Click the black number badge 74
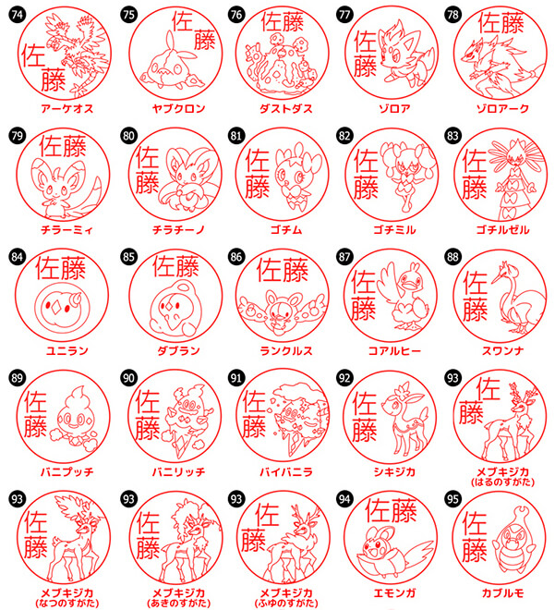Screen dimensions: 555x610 point(18,15)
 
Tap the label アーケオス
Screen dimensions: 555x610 point(67,108)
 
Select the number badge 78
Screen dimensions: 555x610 point(452,15)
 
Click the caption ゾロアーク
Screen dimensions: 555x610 point(503,108)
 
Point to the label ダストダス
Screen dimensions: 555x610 point(286,108)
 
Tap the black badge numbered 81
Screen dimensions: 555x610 point(235,136)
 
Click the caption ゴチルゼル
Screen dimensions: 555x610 point(503,229)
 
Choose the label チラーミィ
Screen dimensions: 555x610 point(67,229)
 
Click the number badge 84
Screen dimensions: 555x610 point(18,257)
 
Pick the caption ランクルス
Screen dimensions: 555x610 point(286,350)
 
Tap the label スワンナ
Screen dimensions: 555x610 point(503,350)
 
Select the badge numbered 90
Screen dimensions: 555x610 point(128,378)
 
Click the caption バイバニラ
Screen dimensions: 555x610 point(286,472)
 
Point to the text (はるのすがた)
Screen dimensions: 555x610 point(503,482)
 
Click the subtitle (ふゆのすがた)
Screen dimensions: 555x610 point(286,604)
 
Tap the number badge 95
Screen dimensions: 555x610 point(452,499)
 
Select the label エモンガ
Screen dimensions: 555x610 point(395,592)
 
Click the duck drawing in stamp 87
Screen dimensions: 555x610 point(404,296)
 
